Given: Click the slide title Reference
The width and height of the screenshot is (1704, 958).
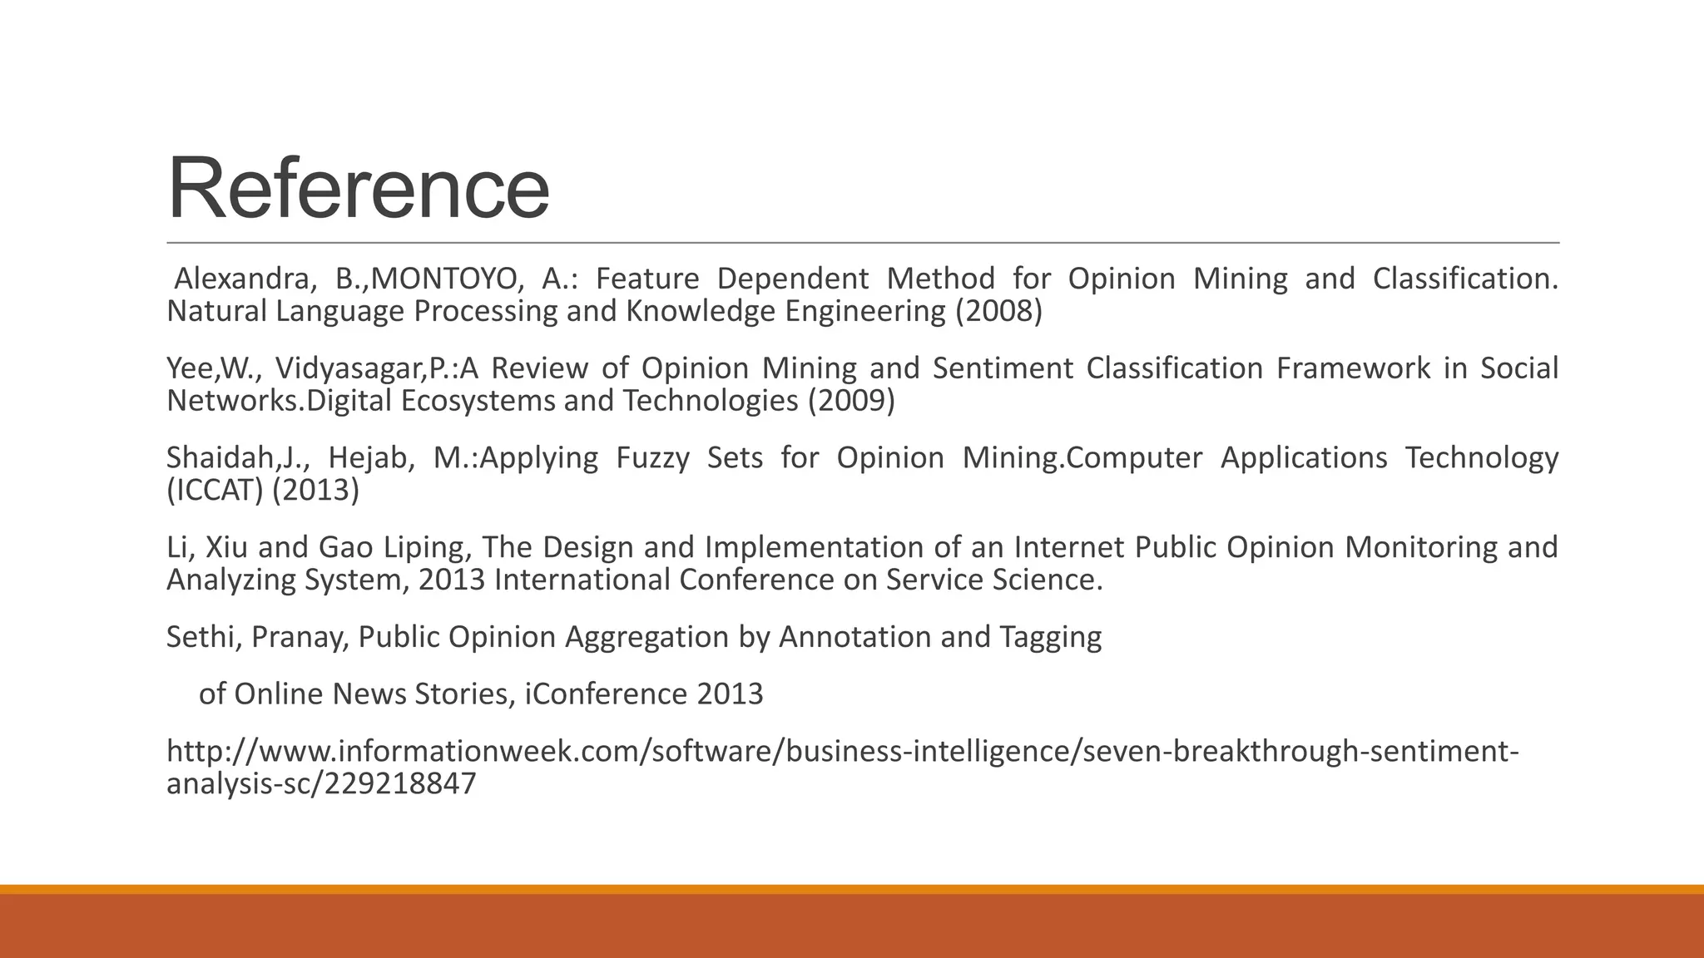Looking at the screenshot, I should click(x=358, y=189).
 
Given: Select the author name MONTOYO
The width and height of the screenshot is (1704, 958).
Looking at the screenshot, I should click(x=447, y=279).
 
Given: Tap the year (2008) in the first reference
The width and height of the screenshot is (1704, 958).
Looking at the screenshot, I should click(x=998, y=311).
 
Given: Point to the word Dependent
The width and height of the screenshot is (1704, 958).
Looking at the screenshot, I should click(x=793, y=279).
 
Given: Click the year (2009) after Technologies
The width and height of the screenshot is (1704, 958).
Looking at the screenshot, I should click(x=851, y=401).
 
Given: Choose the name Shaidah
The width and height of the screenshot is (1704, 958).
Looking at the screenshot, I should click(x=220, y=458).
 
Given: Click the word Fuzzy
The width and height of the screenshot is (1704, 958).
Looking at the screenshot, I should click(x=652, y=458).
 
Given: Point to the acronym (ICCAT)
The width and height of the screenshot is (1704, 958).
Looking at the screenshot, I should click(x=215, y=491).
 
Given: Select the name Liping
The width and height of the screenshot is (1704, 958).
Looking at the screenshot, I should click(x=428, y=548).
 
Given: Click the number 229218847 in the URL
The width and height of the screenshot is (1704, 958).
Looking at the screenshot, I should click(x=399, y=784).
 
